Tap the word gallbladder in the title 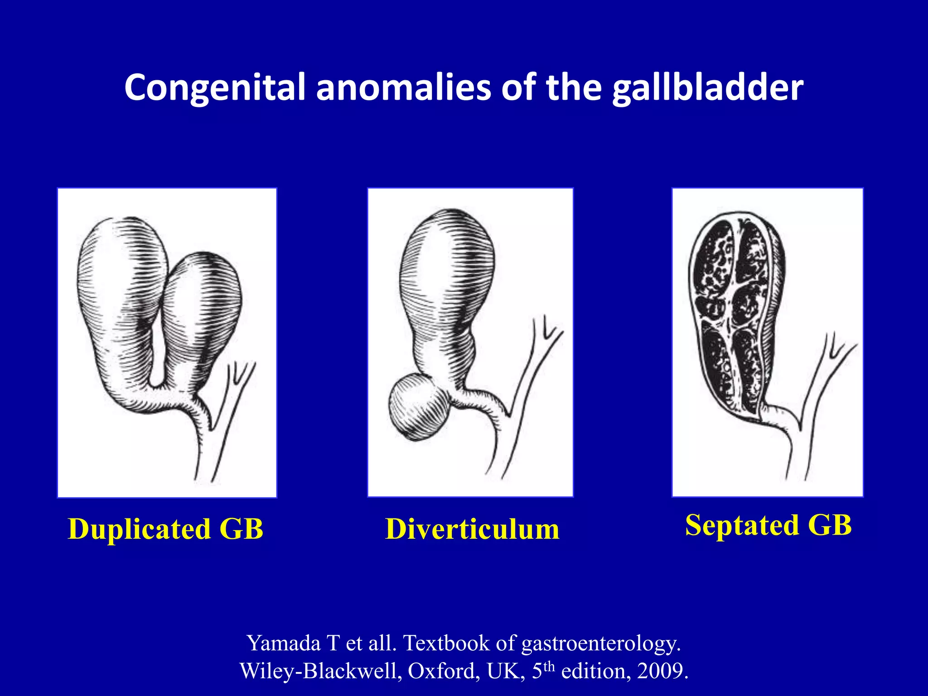(707, 87)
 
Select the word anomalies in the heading (403, 87)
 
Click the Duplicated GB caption (165, 529)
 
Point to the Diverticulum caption (472, 529)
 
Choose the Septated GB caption (768, 525)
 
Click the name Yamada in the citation (284, 643)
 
